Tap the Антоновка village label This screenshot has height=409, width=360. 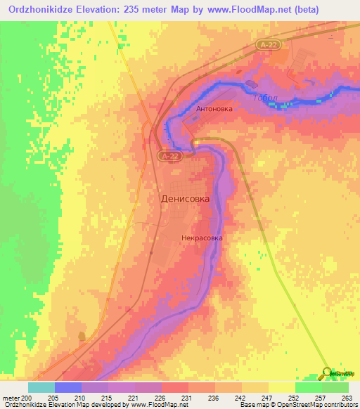click(x=215, y=109)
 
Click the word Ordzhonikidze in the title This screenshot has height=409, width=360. click(x=41, y=9)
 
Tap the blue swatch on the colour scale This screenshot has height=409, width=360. click(x=67, y=387)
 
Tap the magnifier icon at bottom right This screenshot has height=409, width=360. click(x=328, y=373)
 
